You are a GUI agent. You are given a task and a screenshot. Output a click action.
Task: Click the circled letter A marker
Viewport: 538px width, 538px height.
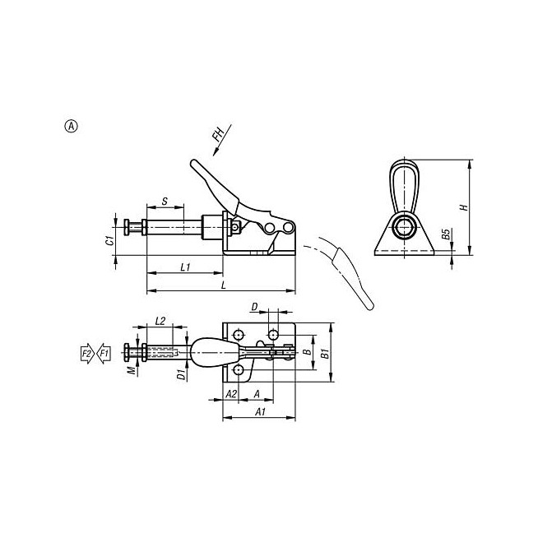[72, 126]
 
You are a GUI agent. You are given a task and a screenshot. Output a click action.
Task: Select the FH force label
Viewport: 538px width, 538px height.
[218, 134]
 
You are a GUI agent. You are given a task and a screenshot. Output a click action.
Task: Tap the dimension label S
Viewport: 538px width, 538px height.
[165, 201]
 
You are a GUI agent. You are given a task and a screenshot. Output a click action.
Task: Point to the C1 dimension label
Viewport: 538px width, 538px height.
[109, 241]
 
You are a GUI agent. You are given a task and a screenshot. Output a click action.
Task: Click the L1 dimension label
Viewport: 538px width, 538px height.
[185, 267]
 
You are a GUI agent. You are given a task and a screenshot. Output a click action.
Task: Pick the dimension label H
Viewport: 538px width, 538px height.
[464, 207]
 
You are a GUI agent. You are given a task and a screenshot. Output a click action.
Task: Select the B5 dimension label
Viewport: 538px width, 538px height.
[445, 234]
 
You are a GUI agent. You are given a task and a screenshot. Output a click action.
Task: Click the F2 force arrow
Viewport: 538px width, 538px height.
[87, 354]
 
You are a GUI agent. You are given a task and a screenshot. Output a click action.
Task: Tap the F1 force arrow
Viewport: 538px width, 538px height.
[104, 354]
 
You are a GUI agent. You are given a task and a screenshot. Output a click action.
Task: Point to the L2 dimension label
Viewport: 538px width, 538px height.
[160, 321]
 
